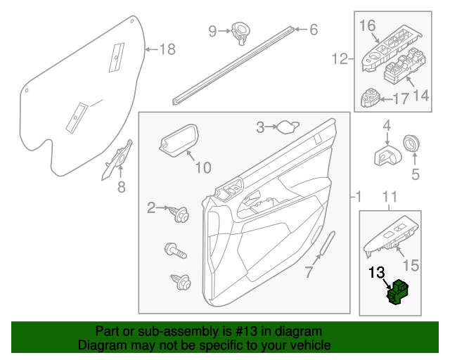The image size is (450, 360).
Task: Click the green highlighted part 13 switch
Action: (399, 292)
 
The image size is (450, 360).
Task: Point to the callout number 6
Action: (313, 30)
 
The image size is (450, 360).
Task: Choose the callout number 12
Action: (340, 59)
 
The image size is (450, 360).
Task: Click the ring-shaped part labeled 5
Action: (410, 145)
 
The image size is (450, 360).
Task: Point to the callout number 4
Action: (386, 127)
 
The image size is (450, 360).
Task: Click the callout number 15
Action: (410, 265)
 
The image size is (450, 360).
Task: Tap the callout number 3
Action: (260, 127)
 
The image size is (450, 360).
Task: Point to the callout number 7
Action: (307, 272)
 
